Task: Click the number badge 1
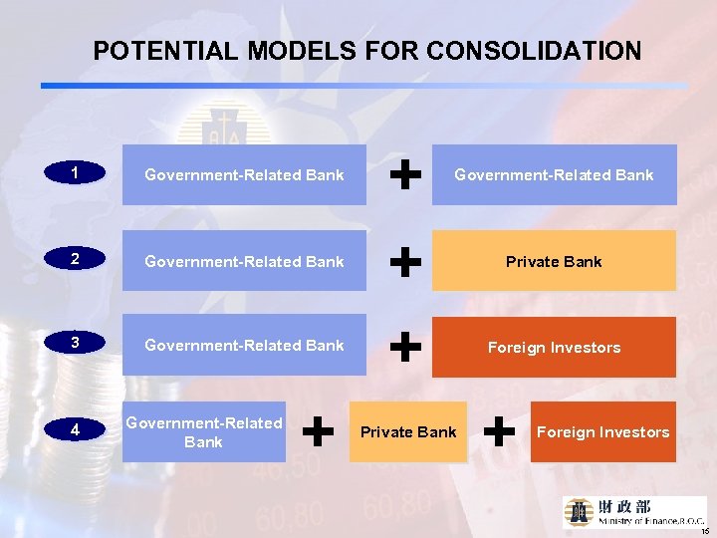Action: click(x=76, y=173)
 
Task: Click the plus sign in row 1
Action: click(x=402, y=175)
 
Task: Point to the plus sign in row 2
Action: click(x=402, y=262)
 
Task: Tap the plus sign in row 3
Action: click(x=402, y=347)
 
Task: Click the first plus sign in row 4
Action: click(x=318, y=431)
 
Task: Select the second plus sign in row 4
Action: click(x=499, y=431)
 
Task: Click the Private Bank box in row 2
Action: click(x=554, y=261)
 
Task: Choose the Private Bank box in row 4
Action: click(x=408, y=431)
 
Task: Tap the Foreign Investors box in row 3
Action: click(x=554, y=347)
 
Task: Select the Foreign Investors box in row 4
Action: click(x=602, y=431)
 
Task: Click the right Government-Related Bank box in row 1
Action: click(x=554, y=175)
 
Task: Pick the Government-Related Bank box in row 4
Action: click(x=204, y=431)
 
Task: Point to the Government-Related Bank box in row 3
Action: click(x=244, y=345)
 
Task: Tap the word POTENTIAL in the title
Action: click(x=164, y=51)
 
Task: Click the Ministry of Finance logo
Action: click(x=634, y=511)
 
